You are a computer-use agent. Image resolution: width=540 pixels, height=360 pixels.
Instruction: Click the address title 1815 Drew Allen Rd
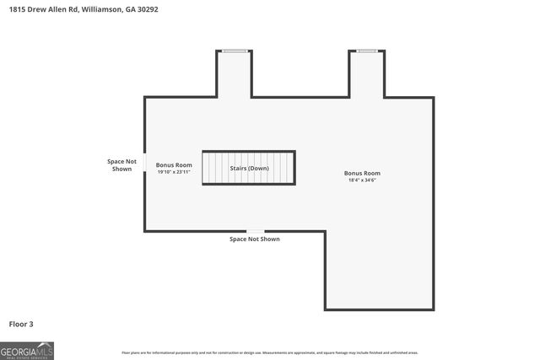click(x=80, y=9)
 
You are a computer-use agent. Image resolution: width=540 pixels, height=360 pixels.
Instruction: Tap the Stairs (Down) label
click(x=249, y=168)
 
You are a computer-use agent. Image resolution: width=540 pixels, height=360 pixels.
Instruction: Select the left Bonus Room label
click(x=174, y=164)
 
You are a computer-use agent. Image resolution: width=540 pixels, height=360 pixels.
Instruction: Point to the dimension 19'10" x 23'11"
click(x=174, y=172)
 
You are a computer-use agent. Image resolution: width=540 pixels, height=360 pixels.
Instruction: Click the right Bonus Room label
click(x=362, y=173)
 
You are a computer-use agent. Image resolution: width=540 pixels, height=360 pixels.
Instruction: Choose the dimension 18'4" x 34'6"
click(x=362, y=180)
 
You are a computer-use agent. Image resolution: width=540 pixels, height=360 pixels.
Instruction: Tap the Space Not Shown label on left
click(x=119, y=165)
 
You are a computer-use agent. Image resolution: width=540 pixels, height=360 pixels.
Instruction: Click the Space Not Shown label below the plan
click(x=255, y=239)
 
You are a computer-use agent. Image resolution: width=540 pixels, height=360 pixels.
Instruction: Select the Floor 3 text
click(x=21, y=324)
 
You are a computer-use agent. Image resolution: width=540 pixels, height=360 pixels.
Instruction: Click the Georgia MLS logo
click(x=27, y=351)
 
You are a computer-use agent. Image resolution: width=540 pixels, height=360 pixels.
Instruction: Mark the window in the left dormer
click(x=235, y=51)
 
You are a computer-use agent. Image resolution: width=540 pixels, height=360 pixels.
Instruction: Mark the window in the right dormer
click(x=367, y=51)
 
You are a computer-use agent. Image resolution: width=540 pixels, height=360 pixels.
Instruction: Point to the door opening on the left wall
click(x=144, y=161)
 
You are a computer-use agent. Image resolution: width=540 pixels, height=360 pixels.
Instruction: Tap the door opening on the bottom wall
click(x=255, y=230)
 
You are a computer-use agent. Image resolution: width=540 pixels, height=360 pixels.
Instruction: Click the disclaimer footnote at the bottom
click(x=270, y=352)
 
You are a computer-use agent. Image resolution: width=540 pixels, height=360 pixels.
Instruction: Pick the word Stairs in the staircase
click(x=238, y=168)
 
